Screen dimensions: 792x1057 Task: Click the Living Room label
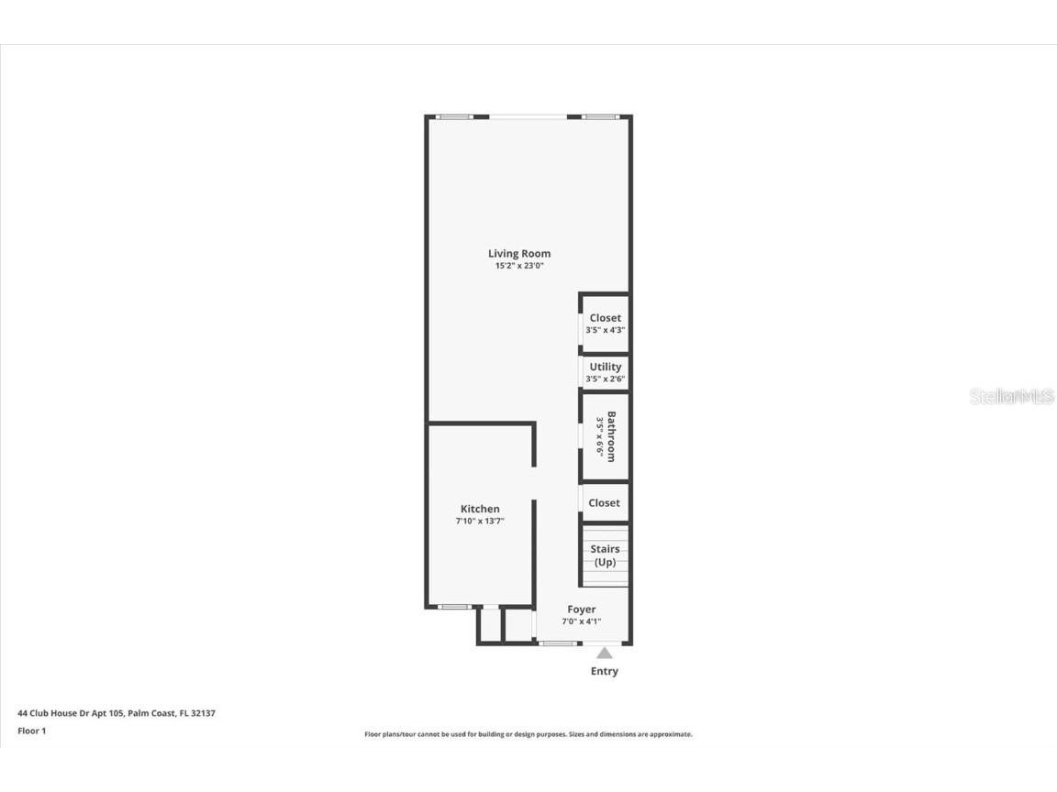(519, 253)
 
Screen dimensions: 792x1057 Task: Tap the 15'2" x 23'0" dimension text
(519, 266)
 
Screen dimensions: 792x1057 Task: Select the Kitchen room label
(480, 509)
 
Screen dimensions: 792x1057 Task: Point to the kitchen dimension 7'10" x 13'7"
(480, 521)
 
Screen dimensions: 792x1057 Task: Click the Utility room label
(606, 367)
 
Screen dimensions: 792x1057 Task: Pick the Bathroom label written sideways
(611, 436)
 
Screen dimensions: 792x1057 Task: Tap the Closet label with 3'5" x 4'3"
(606, 318)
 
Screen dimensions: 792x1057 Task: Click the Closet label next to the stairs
(604, 502)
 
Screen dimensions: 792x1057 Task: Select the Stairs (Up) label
(605, 555)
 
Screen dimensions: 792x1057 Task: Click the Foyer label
(582, 609)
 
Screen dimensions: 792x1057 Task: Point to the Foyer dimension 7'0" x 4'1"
(582, 621)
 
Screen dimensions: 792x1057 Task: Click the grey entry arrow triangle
(604, 653)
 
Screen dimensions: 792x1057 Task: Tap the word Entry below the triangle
(604, 671)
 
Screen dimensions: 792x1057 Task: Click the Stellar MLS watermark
(1012, 397)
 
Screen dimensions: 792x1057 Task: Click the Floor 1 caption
(31, 731)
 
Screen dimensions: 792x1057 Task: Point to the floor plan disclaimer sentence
(528, 734)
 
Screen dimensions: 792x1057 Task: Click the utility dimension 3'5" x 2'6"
(606, 379)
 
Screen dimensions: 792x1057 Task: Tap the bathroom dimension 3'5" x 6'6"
(600, 436)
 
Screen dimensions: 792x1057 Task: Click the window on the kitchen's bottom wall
(455, 606)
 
